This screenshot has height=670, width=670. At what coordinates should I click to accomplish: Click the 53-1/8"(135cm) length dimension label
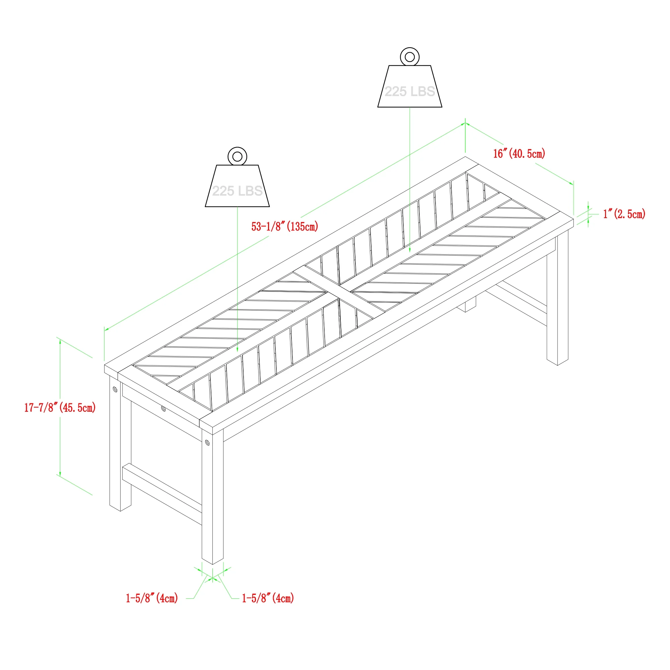tap(285, 226)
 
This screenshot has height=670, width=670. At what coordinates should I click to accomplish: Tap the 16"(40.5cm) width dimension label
tap(519, 153)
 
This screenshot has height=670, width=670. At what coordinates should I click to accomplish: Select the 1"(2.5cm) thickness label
tap(624, 214)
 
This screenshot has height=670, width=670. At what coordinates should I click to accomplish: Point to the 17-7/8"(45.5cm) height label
tap(60, 407)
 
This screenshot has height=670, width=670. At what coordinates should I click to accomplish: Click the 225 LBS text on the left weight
tap(237, 191)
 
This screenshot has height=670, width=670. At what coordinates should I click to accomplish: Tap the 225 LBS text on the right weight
tap(410, 91)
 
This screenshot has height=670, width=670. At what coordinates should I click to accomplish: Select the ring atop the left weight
tap(237, 156)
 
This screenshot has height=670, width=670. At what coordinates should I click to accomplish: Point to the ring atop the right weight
tap(410, 57)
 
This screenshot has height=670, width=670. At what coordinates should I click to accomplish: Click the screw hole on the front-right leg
tap(207, 443)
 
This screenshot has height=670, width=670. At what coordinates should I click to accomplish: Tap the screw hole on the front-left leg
tap(115, 390)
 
